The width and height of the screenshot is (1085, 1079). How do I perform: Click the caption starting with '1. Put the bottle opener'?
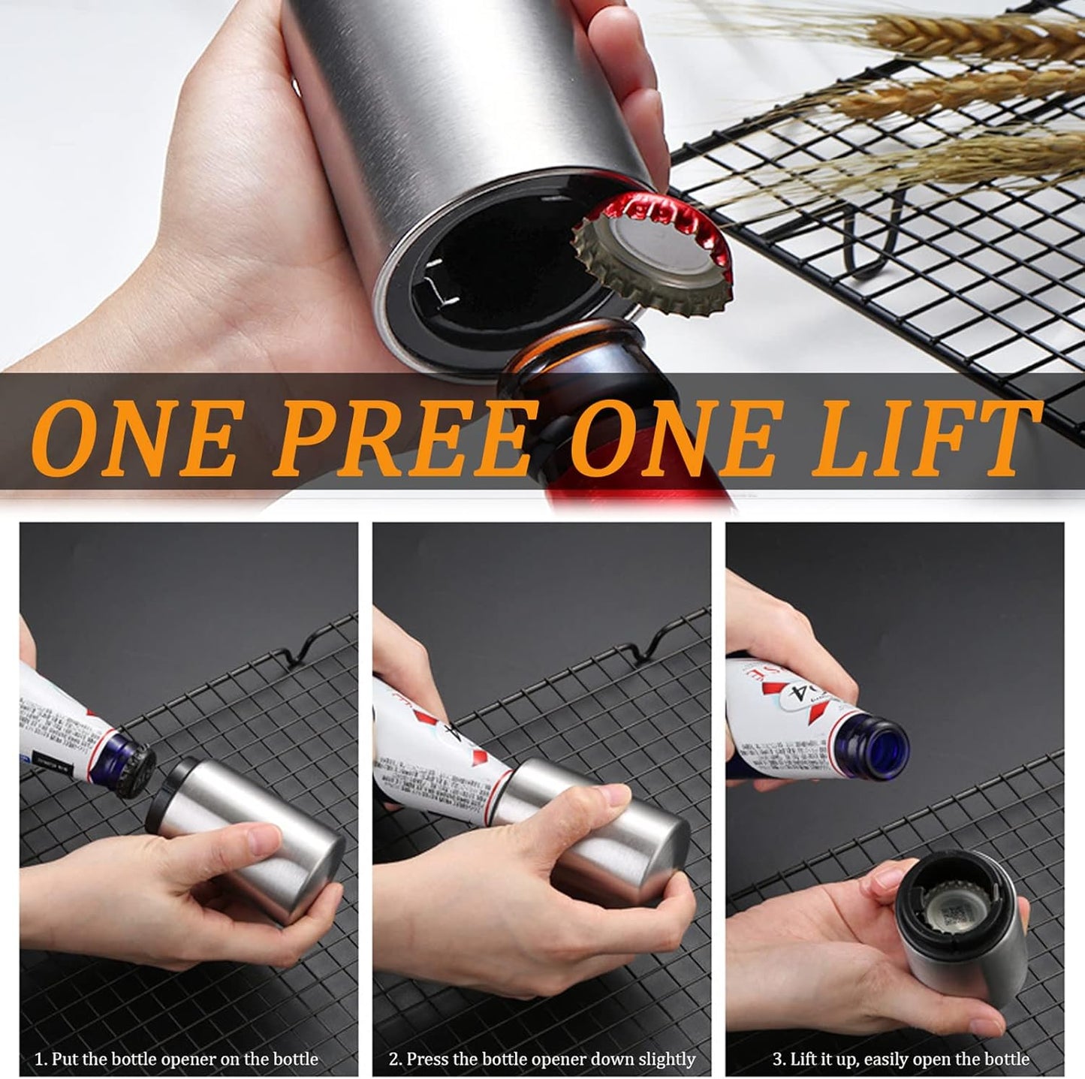[x=177, y=1059]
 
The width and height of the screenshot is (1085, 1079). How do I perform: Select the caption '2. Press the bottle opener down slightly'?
[x=542, y=1059]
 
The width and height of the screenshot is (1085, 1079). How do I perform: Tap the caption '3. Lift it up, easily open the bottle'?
[x=901, y=1059]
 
